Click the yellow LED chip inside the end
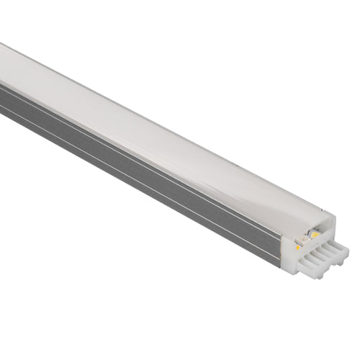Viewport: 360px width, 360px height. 316,234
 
